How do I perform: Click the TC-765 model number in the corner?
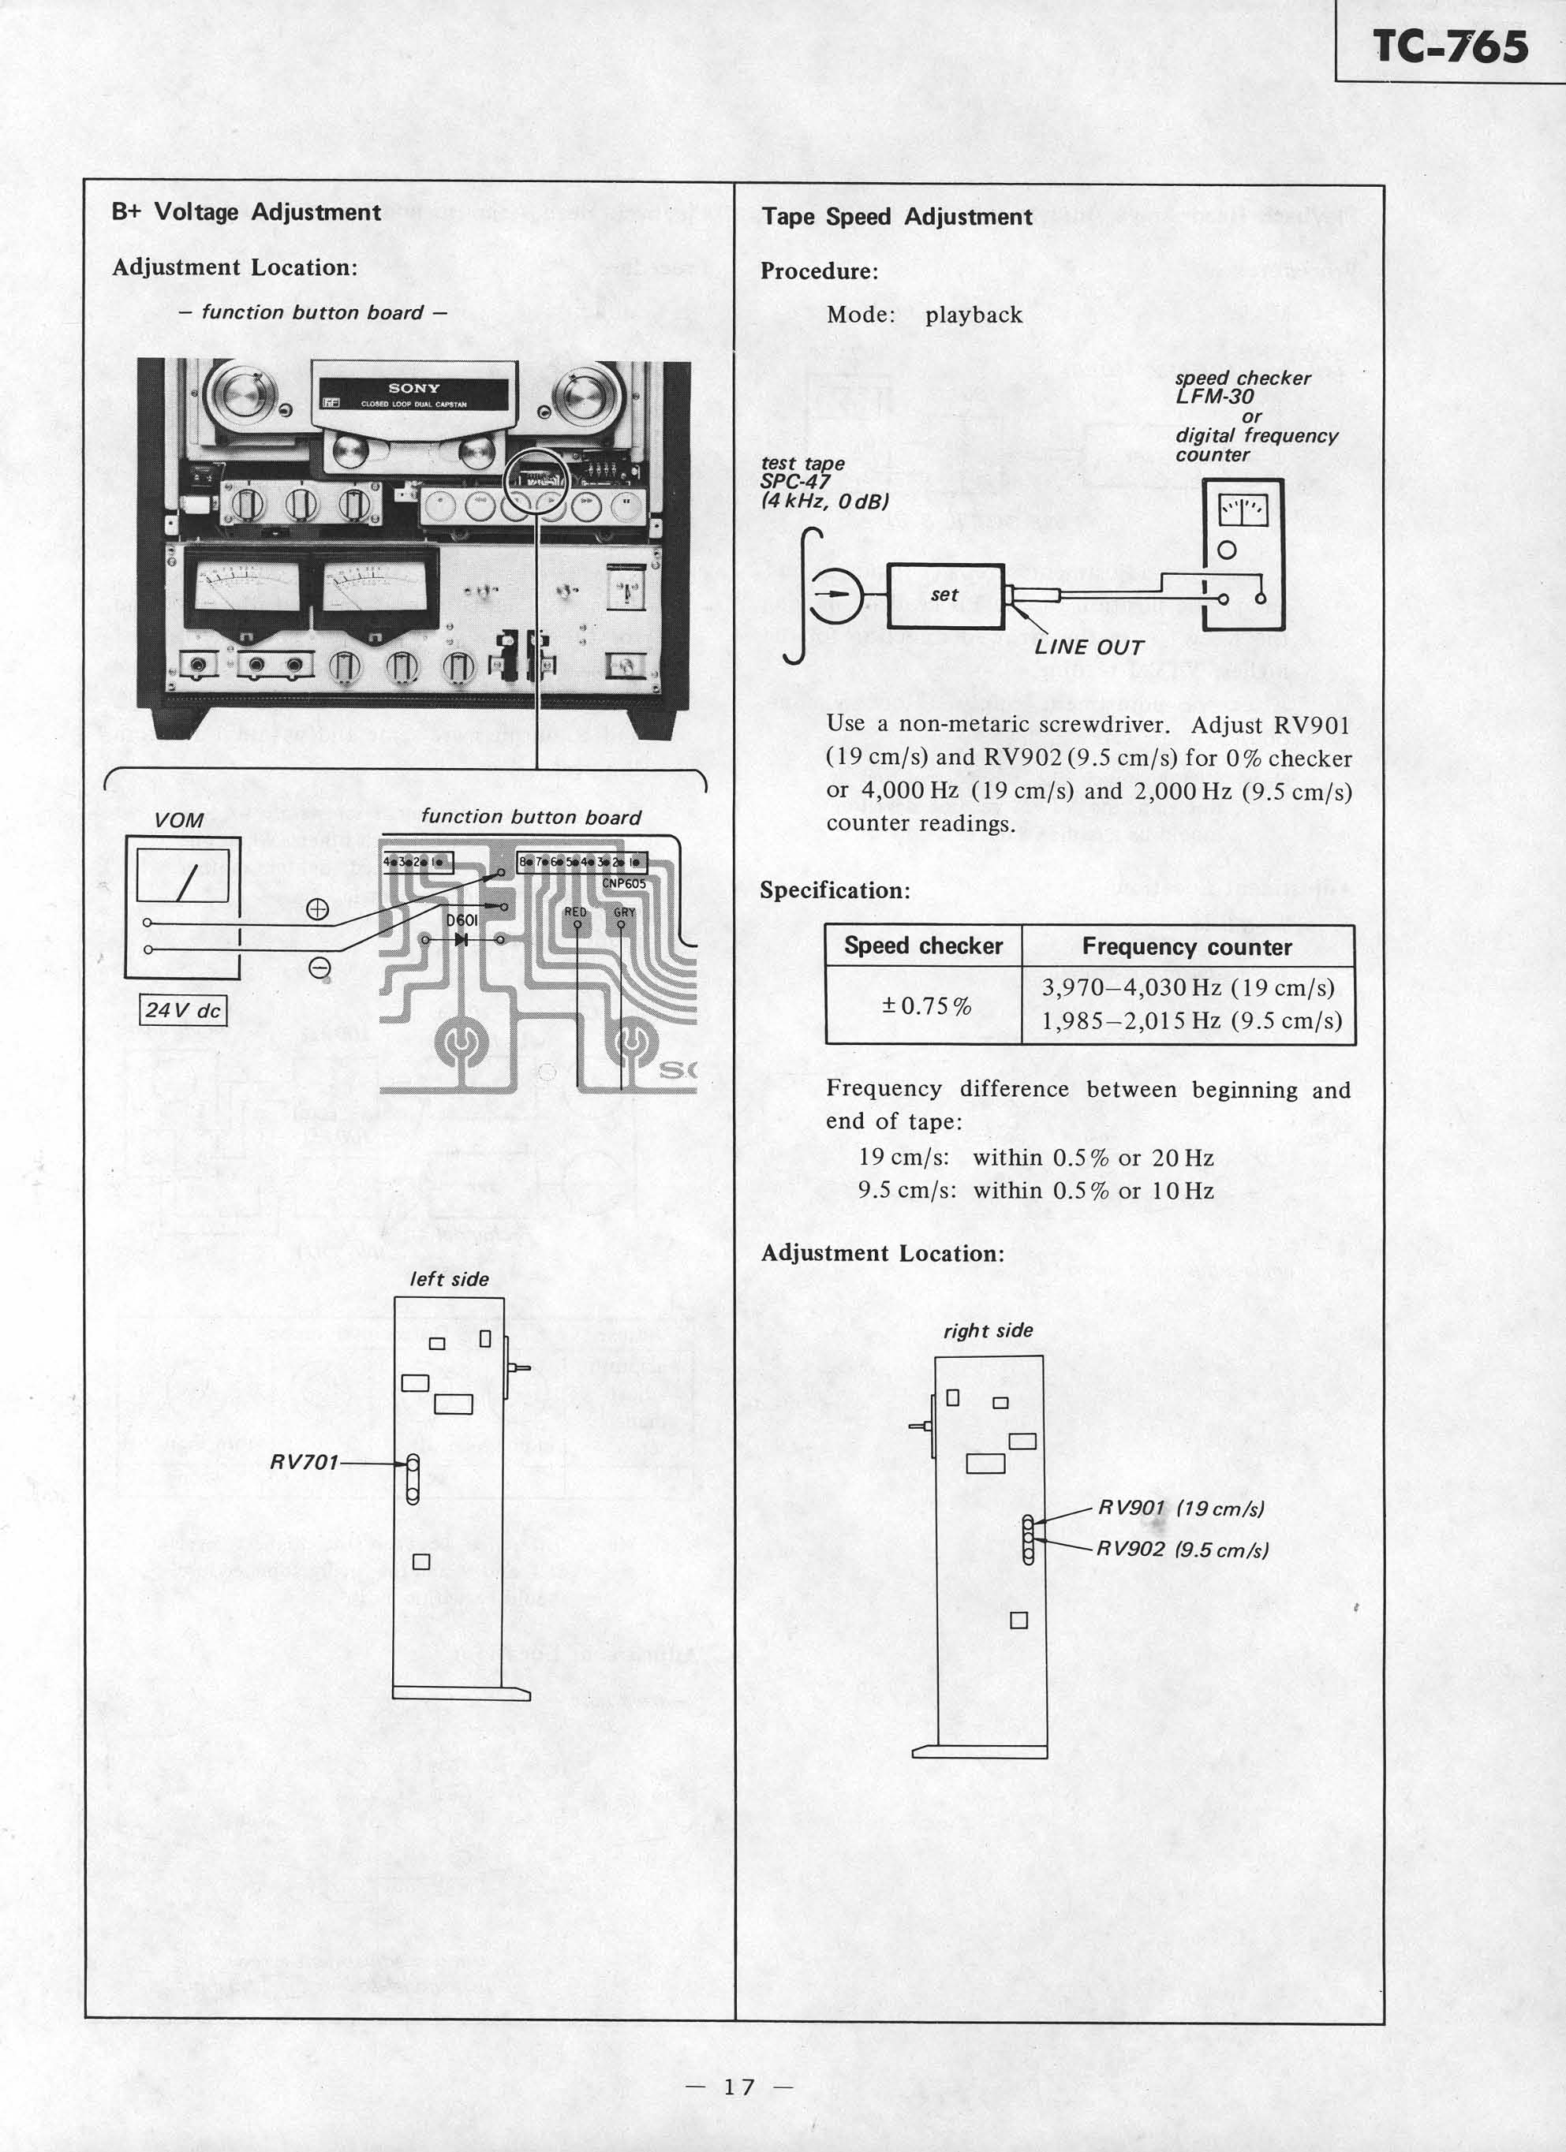[1450, 47]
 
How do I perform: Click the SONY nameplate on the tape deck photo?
[414, 388]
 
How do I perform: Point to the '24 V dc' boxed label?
[183, 1010]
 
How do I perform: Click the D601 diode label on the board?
[462, 920]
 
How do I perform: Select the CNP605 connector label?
[623, 883]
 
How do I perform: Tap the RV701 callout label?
[304, 1462]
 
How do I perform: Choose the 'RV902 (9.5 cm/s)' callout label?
[1182, 1550]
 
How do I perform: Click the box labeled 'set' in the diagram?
[944, 595]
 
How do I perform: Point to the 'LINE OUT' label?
[1089, 647]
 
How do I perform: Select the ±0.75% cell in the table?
[925, 1005]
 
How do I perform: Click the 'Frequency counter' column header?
[1187, 947]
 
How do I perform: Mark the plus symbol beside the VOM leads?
[318, 909]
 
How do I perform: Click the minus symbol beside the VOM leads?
[320, 968]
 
